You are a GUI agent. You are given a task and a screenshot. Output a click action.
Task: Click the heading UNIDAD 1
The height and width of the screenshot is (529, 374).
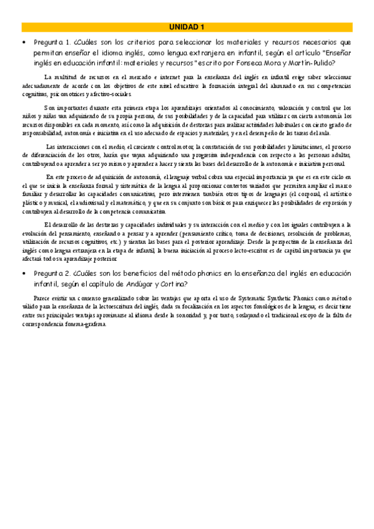[187, 27]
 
